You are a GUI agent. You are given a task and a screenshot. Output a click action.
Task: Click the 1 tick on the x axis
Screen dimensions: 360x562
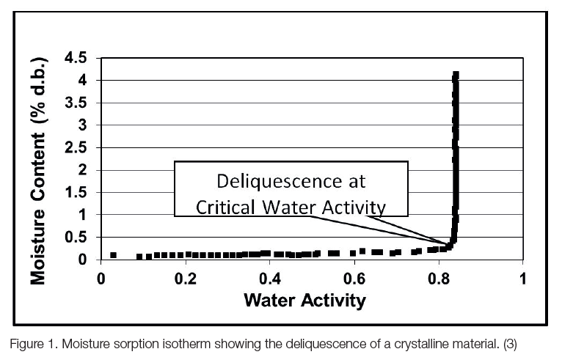[523, 279]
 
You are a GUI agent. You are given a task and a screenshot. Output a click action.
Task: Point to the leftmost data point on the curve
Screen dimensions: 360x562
[113, 255]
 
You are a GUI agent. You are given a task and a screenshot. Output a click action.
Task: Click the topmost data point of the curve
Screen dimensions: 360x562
[456, 74]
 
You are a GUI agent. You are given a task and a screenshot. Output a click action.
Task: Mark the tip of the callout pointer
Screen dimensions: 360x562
[449, 246]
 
